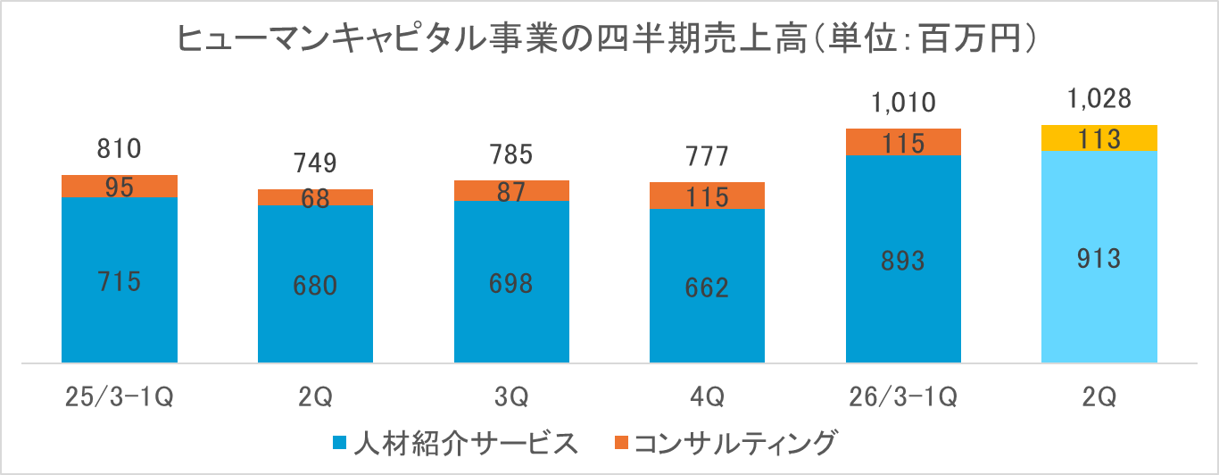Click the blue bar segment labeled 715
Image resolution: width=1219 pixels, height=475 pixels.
pyautogui.click(x=120, y=279)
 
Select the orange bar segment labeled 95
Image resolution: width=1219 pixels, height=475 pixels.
pyautogui.click(x=120, y=186)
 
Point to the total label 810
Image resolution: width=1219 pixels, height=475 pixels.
pyautogui.click(x=120, y=149)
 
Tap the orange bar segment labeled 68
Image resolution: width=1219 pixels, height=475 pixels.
pyautogui.click(x=315, y=197)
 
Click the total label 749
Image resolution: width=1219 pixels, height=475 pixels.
pyautogui.click(x=315, y=163)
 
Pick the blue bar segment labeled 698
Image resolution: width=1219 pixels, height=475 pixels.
pyautogui.click(x=511, y=282)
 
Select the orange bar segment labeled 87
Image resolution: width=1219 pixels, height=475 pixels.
pyautogui.click(x=511, y=190)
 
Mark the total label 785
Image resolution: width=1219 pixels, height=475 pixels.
pyautogui.click(x=511, y=155)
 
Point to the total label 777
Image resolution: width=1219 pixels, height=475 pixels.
pyautogui.click(x=707, y=157)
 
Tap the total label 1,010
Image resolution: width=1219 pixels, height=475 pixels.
pyautogui.click(x=903, y=103)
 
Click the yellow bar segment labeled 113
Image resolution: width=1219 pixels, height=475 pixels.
pyautogui.click(x=1099, y=138)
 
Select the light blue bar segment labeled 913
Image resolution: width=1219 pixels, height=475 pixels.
pyautogui.click(x=1099, y=257)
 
